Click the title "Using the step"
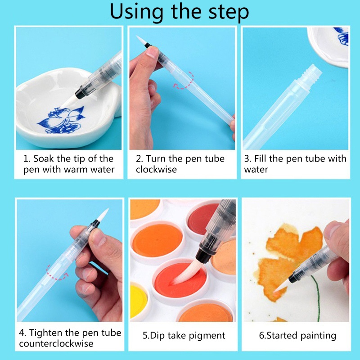(x=180, y=12)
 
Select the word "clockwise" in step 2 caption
(x=156, y=170)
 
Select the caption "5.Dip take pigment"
(x=184, y=335)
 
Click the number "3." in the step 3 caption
(x=247, y=159)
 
